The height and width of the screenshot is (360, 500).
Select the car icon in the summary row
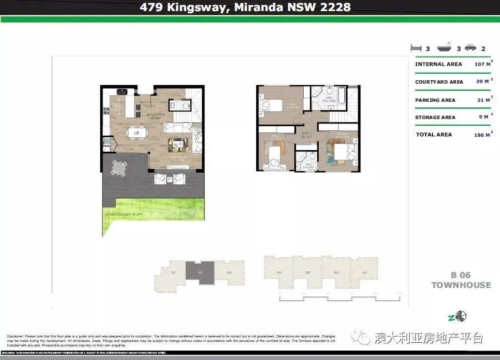[470, 48]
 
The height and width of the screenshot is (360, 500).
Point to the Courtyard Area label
[439, 82]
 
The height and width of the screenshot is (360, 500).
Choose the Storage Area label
[435, 117]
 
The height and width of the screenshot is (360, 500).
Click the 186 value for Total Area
[480, 135]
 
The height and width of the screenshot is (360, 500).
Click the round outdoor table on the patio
[119, 166]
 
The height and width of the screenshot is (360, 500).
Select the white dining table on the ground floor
[136, 132]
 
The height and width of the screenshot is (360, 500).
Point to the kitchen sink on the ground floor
[122, 91]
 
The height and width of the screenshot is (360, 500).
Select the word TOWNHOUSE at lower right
[461, 285]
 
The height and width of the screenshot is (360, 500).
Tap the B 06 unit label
[461, 275]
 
